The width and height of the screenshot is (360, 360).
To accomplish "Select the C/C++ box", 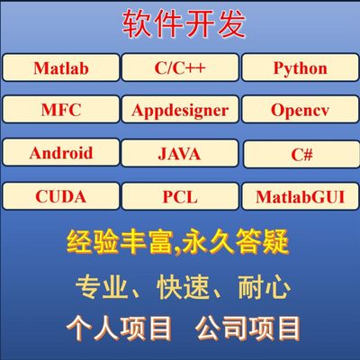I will click(x=179, y=68).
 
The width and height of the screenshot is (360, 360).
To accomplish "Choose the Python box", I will click(x=299, y=68).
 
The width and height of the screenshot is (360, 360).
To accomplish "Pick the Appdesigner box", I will click(x=179, y=111).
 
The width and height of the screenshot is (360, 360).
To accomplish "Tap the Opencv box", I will click(x=299, y=111).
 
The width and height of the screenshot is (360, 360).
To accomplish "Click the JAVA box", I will click(x=179, y=154).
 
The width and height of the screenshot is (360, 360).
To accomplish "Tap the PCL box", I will click(x=179, y=196).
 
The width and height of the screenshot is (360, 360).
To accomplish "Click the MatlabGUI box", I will click(x=300, y=196).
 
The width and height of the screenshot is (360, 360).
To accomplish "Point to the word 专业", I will click(x=97, y=288).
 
